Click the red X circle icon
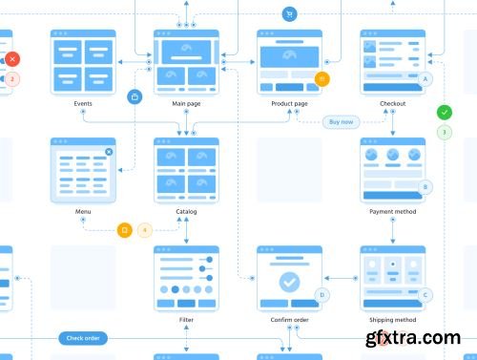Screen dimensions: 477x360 coord(11,59)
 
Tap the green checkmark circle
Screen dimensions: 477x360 coord(445,112)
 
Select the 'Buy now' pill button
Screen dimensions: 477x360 coord(341,121)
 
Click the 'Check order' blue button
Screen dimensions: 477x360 coord(83,337)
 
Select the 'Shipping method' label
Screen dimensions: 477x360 coord(393,319)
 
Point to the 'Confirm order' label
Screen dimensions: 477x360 coord(289,319)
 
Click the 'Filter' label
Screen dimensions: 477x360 coord(186,319)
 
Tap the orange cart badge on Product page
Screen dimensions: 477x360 coord(322,79)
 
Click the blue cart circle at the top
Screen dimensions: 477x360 coord(289,14)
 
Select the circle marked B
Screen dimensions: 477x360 coord(425,187)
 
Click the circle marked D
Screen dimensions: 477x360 coord(322,295)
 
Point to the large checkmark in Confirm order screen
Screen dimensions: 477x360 coord(289,282)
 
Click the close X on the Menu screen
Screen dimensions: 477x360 coord(109,151)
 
